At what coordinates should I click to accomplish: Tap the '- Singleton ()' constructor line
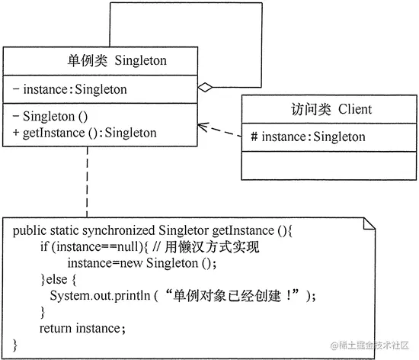pos(51,117)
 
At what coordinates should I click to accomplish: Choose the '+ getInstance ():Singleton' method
pos(85,133)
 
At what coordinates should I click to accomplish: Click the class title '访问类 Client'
pos(331,109)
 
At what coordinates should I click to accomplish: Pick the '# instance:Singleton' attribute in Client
pos(308,137)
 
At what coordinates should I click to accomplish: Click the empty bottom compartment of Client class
pos(331,166)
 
